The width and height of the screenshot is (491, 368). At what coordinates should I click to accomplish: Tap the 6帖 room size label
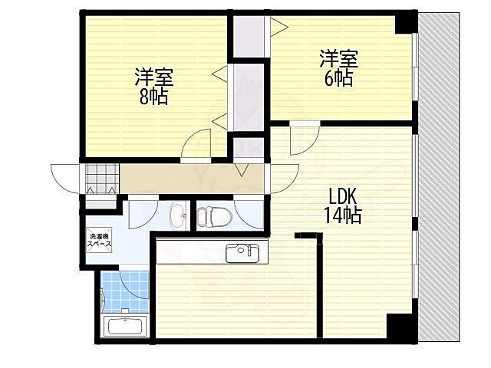click(x=338, y=78)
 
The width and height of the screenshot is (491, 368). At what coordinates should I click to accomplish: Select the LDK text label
click(x=343, y=197)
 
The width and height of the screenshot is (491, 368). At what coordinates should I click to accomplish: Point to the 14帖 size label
click(x=343, y=215)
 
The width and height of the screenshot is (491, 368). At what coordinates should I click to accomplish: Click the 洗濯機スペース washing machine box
click(x=99, y=240)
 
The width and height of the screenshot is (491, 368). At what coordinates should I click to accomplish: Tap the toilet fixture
click(x=214, y=216)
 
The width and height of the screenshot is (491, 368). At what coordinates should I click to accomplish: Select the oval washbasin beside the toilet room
click(x=178, y=216)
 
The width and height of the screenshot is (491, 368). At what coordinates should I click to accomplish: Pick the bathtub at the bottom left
click(x=125, y=325)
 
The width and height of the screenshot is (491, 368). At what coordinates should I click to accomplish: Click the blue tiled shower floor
click(x=124, y=291)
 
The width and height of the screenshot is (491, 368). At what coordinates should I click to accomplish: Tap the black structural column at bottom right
click(x=402, y=325)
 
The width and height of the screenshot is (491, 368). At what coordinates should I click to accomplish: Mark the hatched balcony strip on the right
click(x=438, y=177)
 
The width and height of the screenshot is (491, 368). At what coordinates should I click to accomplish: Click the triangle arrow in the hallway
click(x=242, y=170)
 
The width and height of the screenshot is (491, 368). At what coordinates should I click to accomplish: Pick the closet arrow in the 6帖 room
click(x=279, y=28)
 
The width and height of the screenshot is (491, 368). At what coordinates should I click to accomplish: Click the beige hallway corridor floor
click(x=192, y=179)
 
